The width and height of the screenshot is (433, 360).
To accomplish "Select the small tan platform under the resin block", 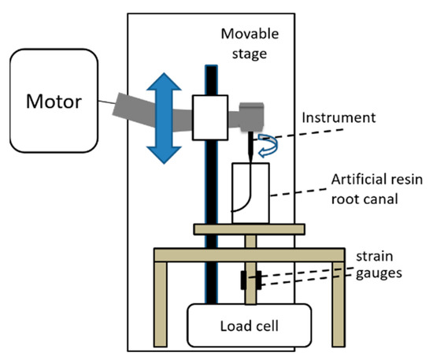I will [x=248, y=229].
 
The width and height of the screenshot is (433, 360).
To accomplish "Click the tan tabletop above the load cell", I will [x=249, y=253].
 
